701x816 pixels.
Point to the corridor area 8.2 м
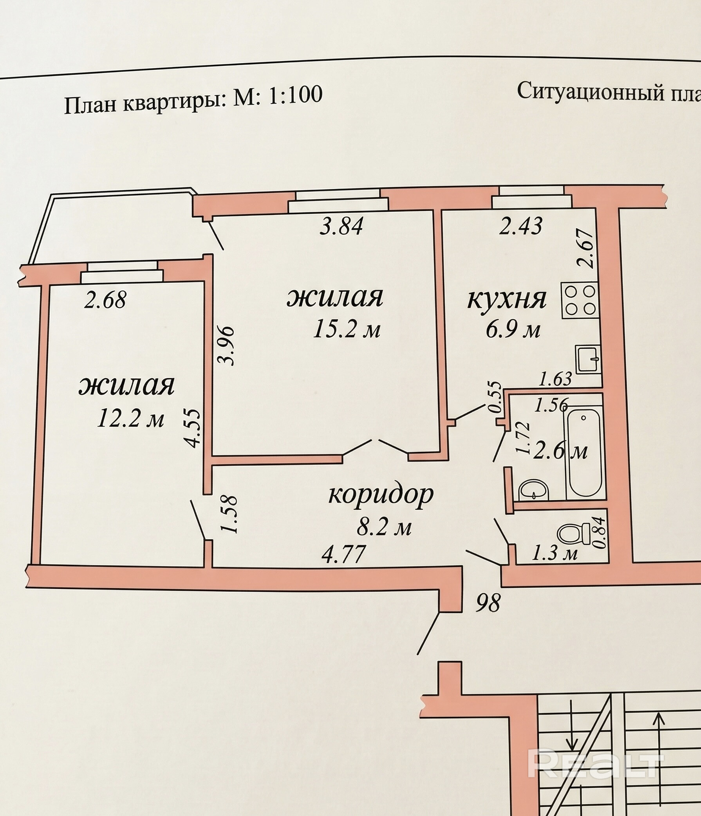click(384, 527)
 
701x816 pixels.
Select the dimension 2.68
click(105, 300)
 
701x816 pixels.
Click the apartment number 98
click(488, 603)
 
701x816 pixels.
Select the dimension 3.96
click(227, 345)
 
